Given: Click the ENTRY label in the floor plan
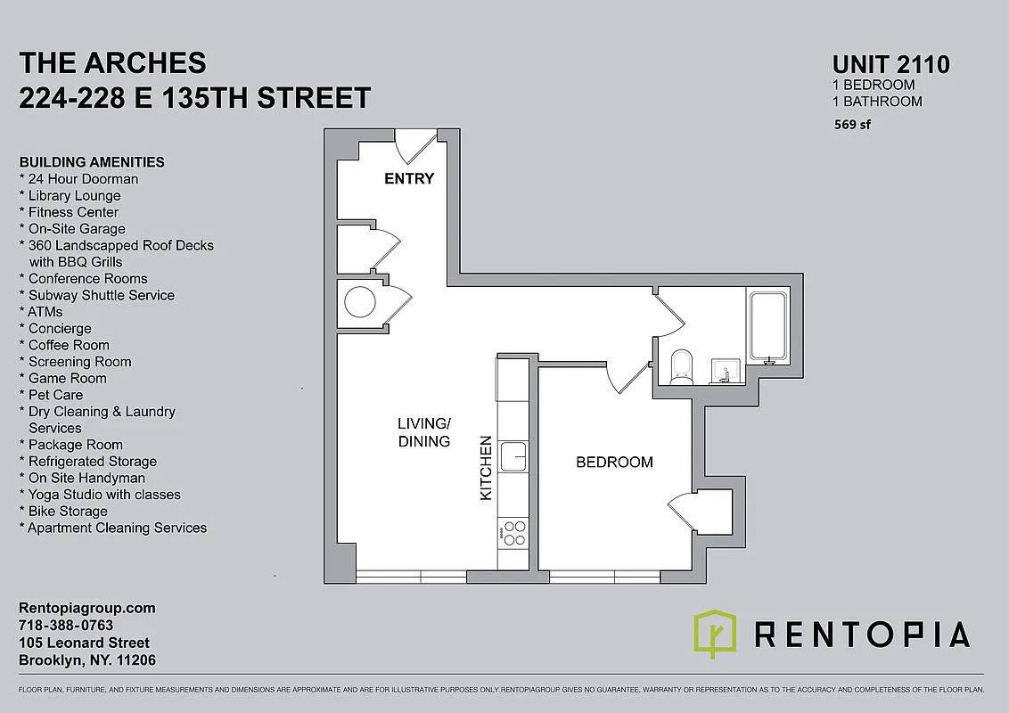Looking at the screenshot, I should click(409, 178).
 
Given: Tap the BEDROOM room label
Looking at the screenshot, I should click(614, 462).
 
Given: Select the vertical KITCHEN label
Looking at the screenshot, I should click(486, 467).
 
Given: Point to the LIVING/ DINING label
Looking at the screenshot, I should click(424, 431).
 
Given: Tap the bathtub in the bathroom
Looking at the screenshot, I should click(767, 326).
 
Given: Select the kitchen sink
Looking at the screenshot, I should click(514, 455).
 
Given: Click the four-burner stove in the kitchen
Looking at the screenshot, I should click(514, 533).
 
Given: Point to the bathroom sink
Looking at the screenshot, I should click(724, 372).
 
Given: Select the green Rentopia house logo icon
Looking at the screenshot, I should click(715, 633).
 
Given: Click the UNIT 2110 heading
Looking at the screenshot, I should click(890, 64).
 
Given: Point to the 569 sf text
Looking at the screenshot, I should click(852, 125).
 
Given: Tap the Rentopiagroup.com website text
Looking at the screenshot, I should click(87, 608).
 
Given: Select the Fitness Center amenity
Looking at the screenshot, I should click(73, 212).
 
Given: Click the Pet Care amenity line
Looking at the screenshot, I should click(55, 395).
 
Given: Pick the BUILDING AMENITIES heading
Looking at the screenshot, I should click(92, 162).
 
